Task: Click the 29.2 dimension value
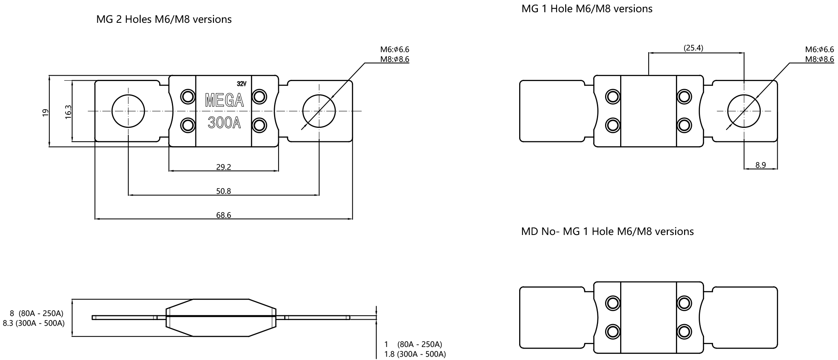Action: [224, 167]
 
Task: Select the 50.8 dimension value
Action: [224, 191]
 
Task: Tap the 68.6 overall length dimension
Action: [224, 215]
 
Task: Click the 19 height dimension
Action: [45, 112]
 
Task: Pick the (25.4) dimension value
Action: [693, 48]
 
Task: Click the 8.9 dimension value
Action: [761, 165]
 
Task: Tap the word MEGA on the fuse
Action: [224, 100]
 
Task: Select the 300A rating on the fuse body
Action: [224, 123]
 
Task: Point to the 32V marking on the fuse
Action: [241, 84]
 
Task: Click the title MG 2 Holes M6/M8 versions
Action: [164, 19]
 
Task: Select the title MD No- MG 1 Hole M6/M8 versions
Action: [607, 231]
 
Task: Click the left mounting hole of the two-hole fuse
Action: [128, 111]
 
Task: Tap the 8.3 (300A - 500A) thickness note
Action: [33, 323]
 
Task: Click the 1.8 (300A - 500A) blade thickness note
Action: [415, 354]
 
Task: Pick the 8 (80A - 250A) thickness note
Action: [36, 314]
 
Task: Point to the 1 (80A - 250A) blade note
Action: [413, 345]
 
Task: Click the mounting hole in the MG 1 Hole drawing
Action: [744, 111]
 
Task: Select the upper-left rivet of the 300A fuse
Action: [188, 97]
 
